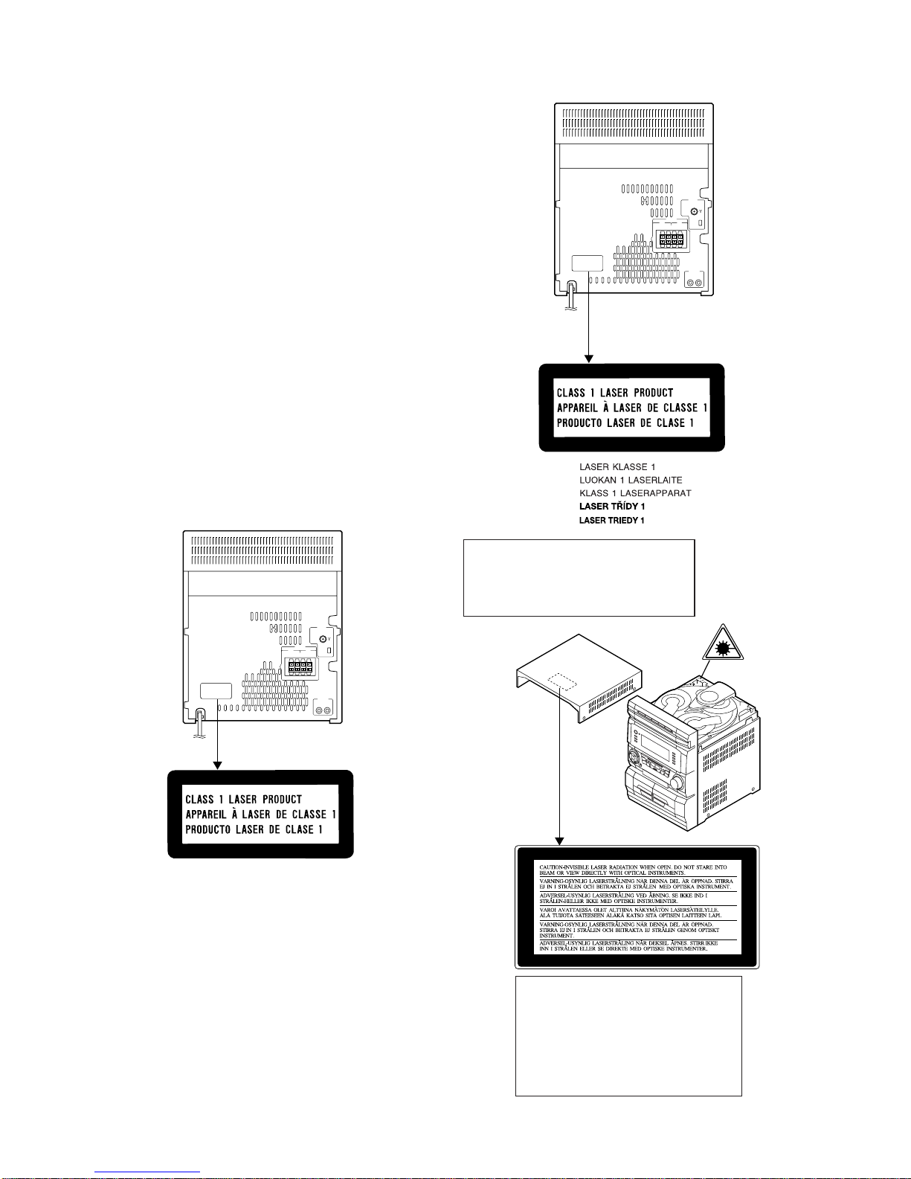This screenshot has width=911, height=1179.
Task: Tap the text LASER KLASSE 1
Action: coord(617,467)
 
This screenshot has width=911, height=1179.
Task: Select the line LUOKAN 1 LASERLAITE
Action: coord(631,481)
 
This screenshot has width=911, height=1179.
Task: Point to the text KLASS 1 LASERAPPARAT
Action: coord(635,493)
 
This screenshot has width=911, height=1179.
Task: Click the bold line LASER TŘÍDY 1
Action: coord(612,507)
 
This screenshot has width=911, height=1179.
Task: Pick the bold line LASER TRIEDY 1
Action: coord(612,521)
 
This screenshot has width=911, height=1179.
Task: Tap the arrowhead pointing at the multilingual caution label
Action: coord(560,841)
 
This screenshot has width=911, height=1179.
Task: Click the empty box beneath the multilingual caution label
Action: coord(628,1035)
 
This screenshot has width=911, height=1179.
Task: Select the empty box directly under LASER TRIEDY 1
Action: coord(579,578)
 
